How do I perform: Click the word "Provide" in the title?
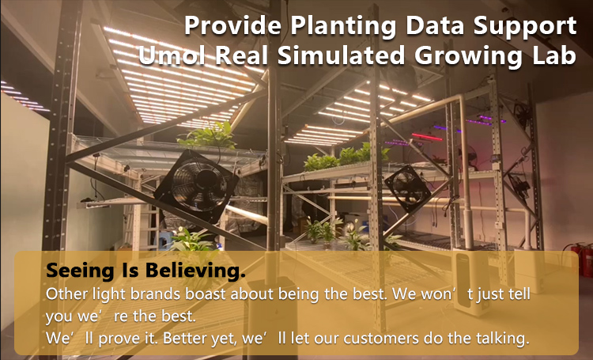pos(232,26)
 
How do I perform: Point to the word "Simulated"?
pos(341,55)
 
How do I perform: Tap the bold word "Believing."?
pos(195,271)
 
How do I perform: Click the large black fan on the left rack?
pos(197,185)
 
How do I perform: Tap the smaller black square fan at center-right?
pos(408,189)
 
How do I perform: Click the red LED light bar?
pos(427,137)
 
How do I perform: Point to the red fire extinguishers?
pos(579,258)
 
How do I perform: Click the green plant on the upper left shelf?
pos(209,135)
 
